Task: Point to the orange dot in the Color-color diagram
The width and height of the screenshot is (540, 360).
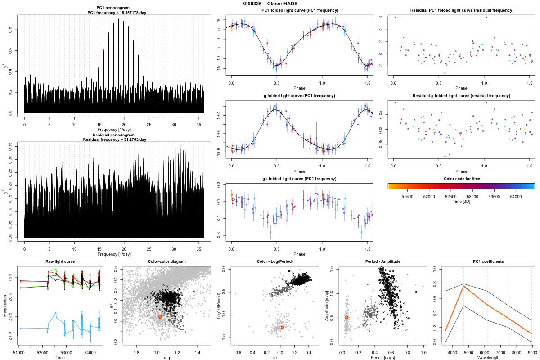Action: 160,317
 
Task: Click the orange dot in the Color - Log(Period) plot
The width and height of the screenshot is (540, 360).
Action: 282,327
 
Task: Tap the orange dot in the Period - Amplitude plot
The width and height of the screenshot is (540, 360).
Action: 346,317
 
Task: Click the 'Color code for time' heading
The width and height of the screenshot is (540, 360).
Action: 461,179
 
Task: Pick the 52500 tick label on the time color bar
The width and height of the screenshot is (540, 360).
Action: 451,197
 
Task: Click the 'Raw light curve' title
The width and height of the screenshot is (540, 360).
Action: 60,261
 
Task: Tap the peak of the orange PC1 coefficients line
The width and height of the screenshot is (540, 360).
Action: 463,286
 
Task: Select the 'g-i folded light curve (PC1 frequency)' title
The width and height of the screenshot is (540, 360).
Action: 299,179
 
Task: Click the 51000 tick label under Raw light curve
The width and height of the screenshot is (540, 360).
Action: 19,352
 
